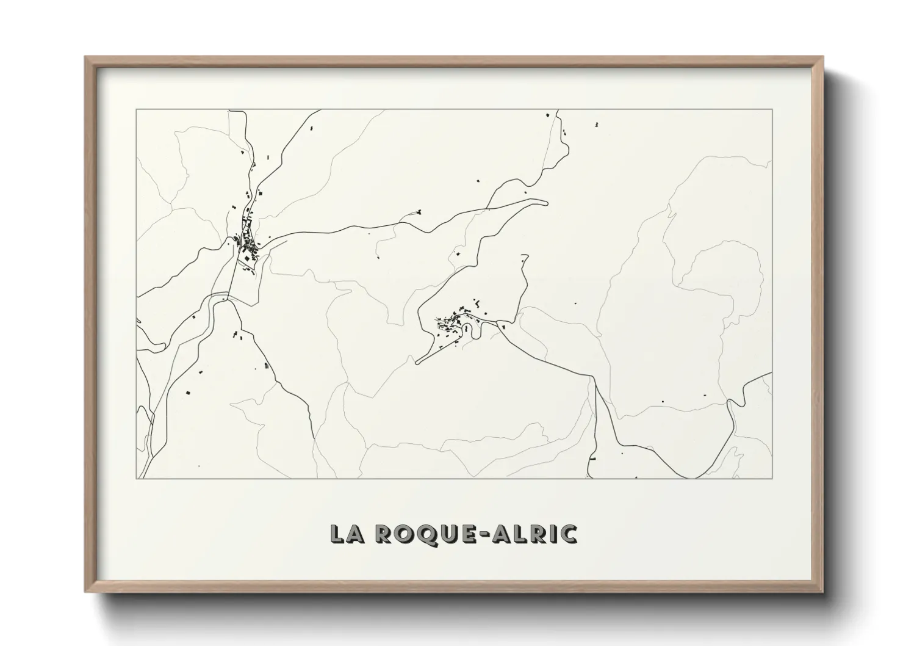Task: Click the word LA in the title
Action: (x=345, y=534)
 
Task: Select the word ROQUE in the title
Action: (x=420, y=534)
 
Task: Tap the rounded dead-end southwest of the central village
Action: (x=417, y=363)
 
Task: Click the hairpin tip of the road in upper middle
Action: (x=546, y=203)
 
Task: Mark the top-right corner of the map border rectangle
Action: (x=772, y=110)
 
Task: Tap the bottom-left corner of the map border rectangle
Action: (x=137, y=478)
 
